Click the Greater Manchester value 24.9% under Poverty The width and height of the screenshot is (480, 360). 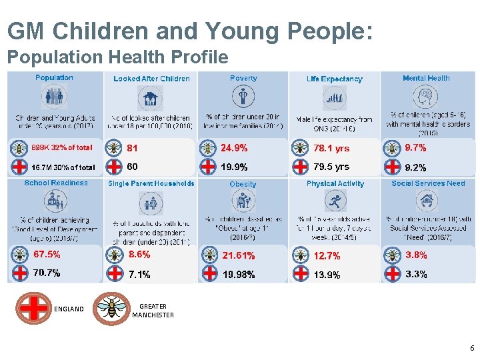(x=235, y=148)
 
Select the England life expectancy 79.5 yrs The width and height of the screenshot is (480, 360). (x=331, y=167)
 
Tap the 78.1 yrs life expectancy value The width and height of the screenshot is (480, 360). (x=331, y=148)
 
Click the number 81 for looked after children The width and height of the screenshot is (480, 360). (x=132, y=148)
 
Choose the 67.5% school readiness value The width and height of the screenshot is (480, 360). (x=47, y=254)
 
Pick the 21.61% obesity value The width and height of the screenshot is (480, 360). (x=239, y=255)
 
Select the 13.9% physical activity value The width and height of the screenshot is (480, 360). (x=327, y=274)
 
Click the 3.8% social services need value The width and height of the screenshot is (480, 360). (x=416, y=255)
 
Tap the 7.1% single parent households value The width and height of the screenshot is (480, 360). (x=139, y=273)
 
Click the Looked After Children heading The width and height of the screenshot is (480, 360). (x=151, y=79)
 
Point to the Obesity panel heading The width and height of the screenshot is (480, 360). (x=243, y=184)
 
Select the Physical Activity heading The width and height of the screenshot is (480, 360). (x=335, y=183)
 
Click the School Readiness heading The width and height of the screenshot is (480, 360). (x=56, y=183)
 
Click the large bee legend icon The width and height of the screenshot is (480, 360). (x=111, y=308)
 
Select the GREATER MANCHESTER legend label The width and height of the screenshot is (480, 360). (x=153, y=311)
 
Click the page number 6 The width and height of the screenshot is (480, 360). (x=471, y=348)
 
